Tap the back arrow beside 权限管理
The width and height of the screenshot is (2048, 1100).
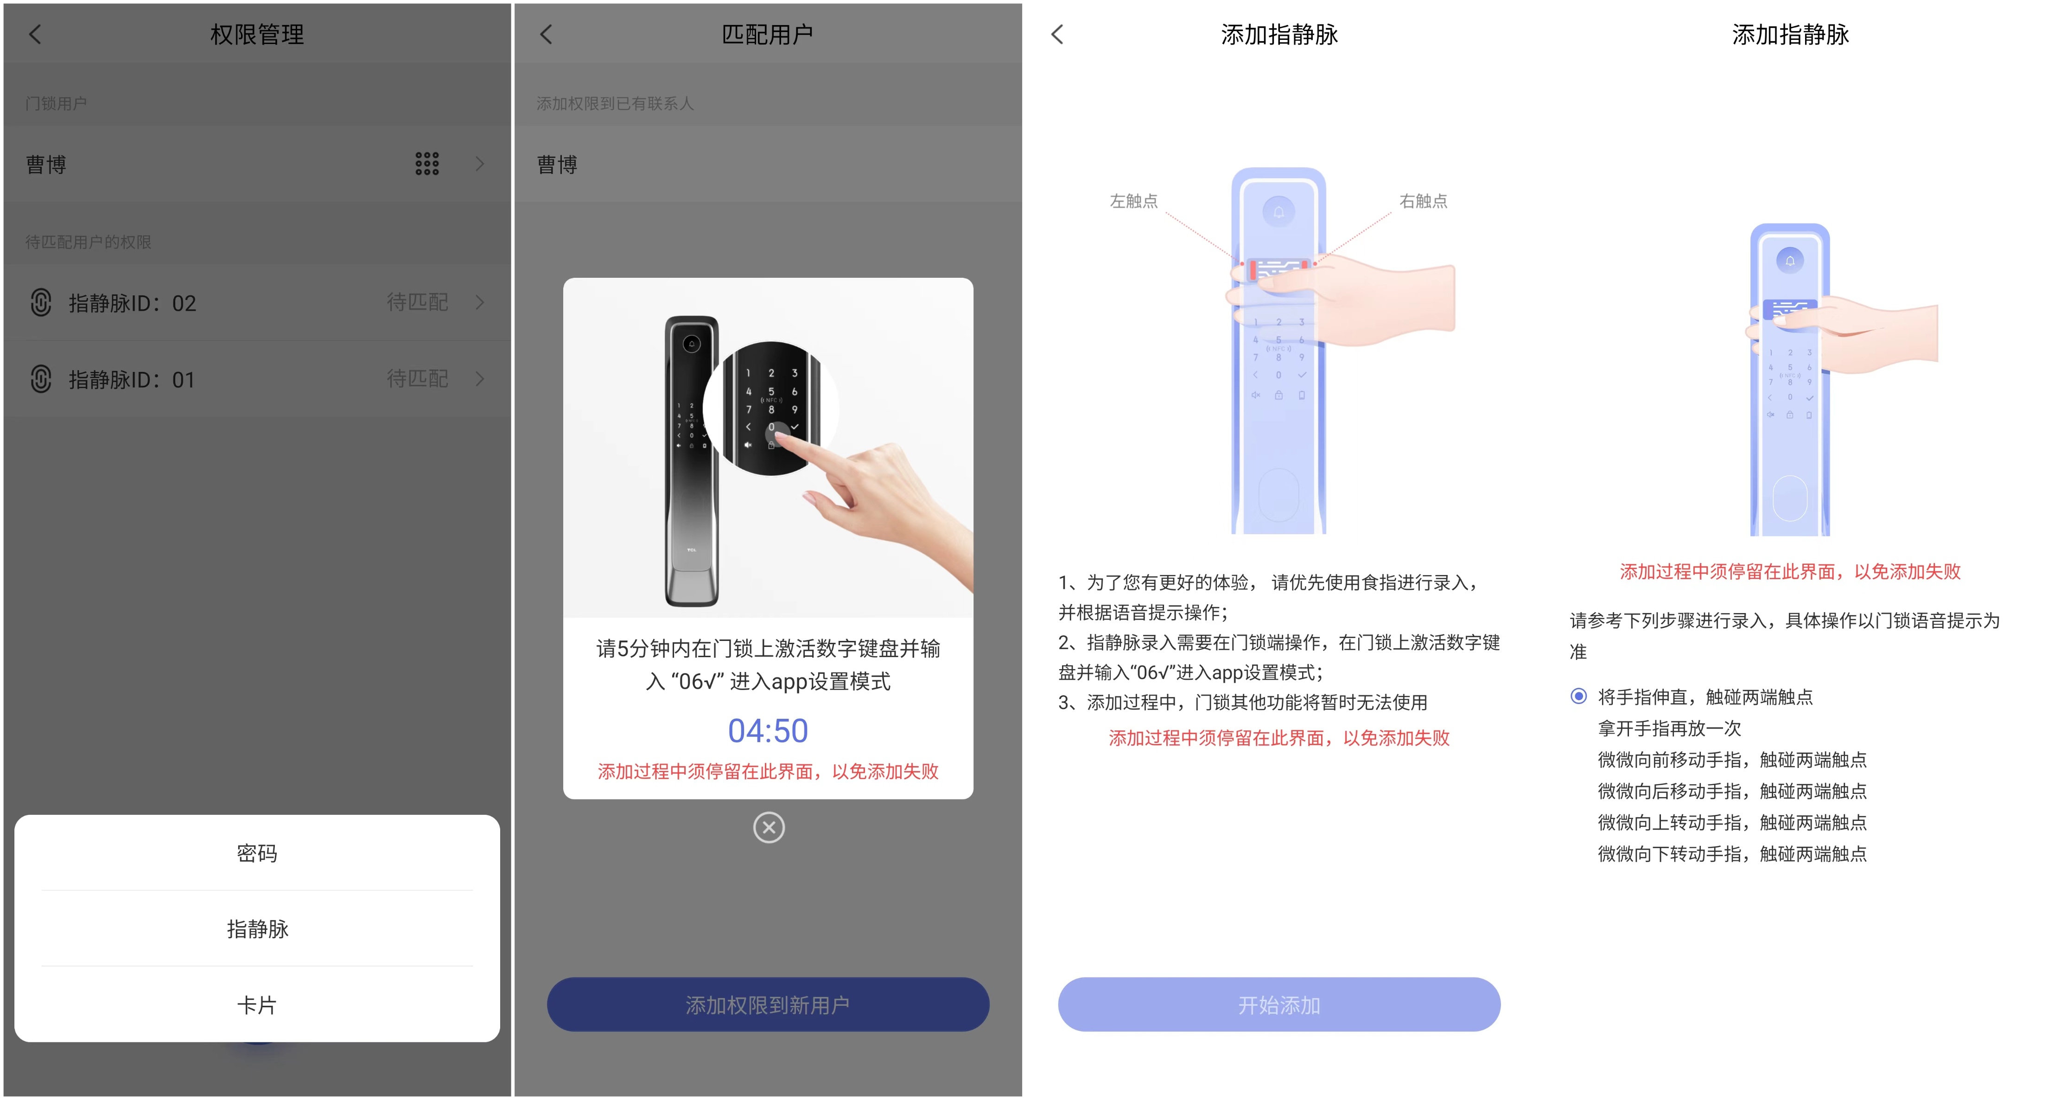pyautogui.click(x=34, y=34)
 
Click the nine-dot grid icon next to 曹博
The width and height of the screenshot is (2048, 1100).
pyautogui.click(x=427, y=164)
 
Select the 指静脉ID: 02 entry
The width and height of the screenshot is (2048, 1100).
pyautogui.click(x=257, y=303)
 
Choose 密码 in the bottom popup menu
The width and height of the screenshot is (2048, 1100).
pyautogui.click(x=257, y=853)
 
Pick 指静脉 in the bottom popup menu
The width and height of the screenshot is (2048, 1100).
pyautogui.click(x=257, y=929)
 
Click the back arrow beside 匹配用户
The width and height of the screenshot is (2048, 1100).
pyautogui.click(x=546, y=34)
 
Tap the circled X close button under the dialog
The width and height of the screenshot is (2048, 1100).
pyautogui.click(x=769, y=827)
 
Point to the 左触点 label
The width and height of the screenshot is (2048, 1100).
pyautogui.click(x=1134, y=201)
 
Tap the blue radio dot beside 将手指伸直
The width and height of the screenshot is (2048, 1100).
pyautogui.click(x=1579, y=697)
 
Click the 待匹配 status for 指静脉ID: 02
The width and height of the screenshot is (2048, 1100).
pyautogui.click(x=417, y=302)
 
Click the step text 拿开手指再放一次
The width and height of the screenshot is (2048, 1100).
pyautogui.click(x=1670, y=729)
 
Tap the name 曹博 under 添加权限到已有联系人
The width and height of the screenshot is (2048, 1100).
pyautogui.click(x=557, y=165)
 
